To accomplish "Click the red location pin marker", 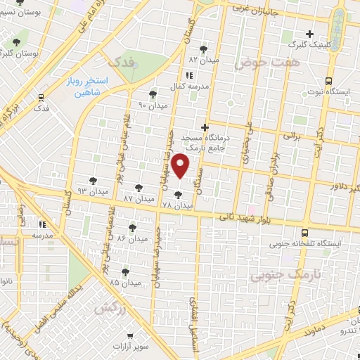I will tap(181, 167).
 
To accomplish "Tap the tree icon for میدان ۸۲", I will tap(204, 49).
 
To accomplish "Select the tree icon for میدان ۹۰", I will tap(153, 94).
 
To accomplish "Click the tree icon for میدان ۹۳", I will tap(93, 180).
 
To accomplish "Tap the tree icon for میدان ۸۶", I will tap(133, 227).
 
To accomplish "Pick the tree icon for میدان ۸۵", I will tap(126, 271).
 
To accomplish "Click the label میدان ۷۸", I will tap(177, 205).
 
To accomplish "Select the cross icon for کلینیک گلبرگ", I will tap(309, 34).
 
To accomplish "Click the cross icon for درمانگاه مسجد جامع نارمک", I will tap(205, 127).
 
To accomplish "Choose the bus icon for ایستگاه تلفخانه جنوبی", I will tap(304, 233).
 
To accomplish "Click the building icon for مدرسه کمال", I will tap(188, 75).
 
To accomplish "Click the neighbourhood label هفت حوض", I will tap(257, 63).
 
